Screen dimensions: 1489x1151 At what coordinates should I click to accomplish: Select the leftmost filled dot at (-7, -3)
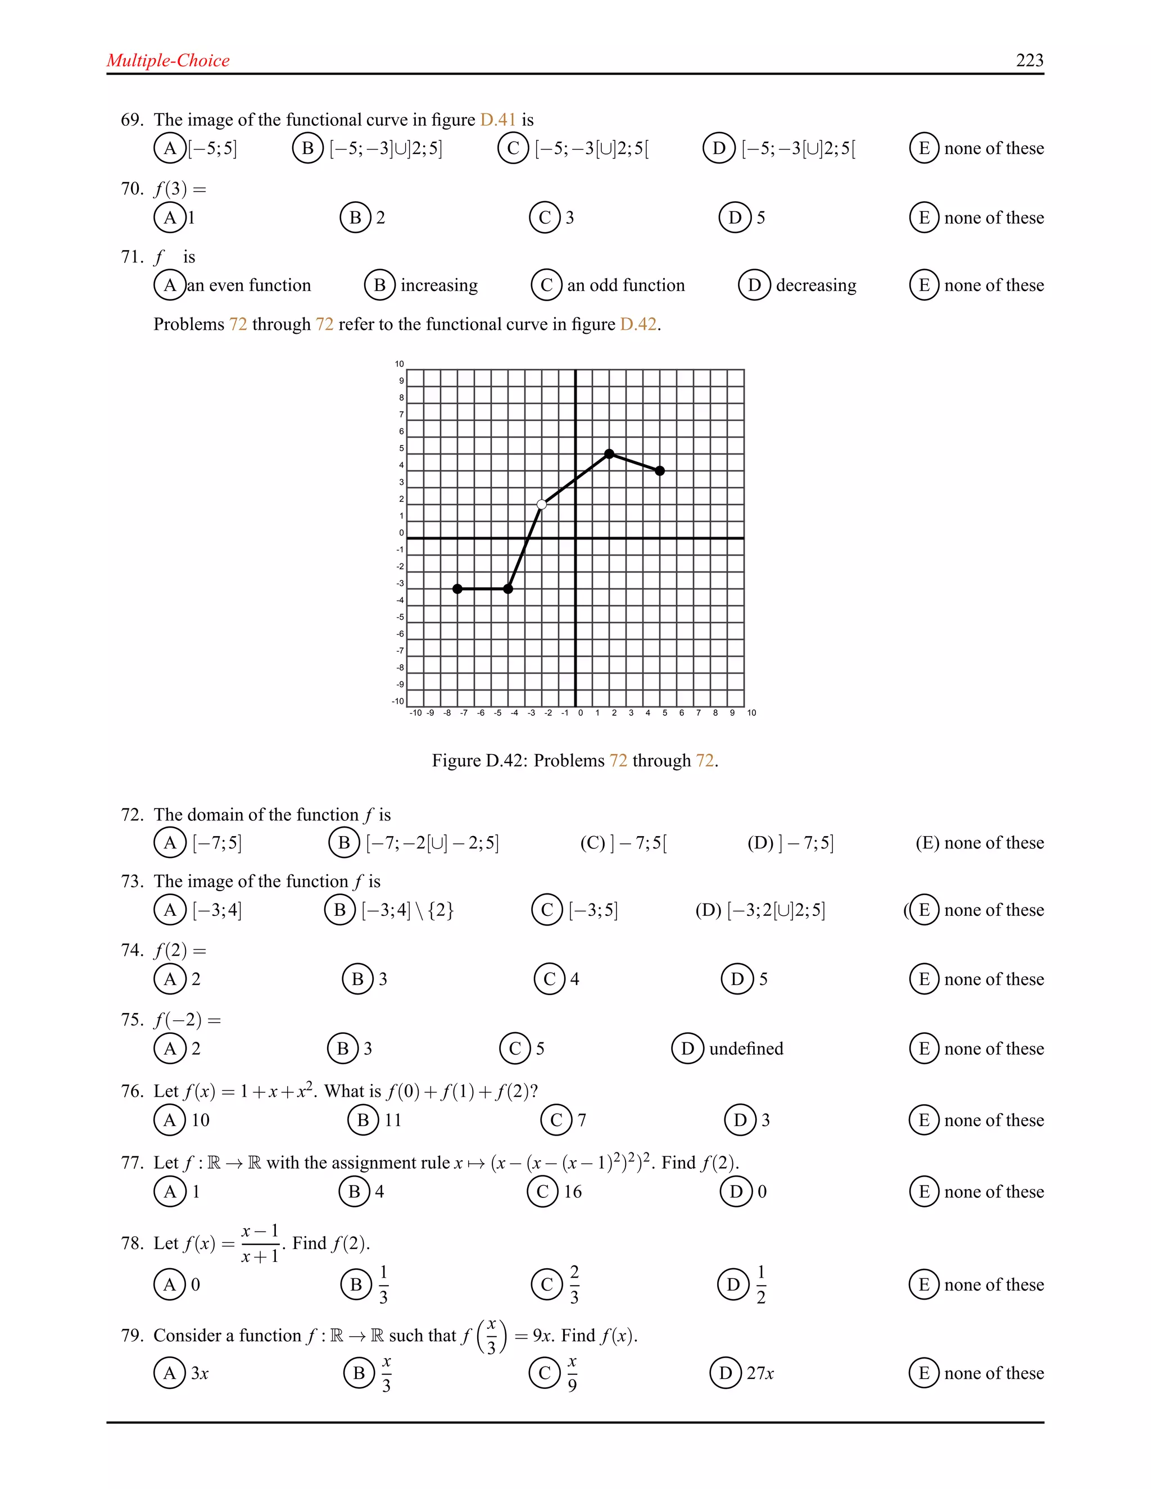tap(457, 588)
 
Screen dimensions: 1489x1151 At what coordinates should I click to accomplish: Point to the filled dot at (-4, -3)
tap(508, 588)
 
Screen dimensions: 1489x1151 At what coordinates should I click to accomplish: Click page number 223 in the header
tap(1030, 61)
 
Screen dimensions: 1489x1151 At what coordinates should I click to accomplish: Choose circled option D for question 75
tap(687, 1048)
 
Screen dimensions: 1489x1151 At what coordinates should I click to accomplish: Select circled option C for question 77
tap(543, 1192)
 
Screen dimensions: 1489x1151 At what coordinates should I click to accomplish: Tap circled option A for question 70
tap(170, 217)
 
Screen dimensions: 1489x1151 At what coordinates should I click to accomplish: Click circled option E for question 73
tap(924, 910)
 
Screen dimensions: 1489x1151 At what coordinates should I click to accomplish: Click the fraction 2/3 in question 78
tap(574, 1284)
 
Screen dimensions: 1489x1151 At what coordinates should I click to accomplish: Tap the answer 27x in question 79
tap(760, 1373)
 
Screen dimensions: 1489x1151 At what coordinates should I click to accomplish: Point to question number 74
tap(132, 950)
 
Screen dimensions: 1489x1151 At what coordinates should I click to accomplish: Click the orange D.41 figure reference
tap(498, 120)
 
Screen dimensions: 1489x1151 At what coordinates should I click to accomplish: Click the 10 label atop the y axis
tap(400, 364)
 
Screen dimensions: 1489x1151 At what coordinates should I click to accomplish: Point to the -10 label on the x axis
tap(415, 713)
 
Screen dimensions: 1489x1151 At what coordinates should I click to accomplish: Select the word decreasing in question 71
tap(816, 285)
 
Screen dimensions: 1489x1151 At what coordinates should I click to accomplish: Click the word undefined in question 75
tap(746, 1048)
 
